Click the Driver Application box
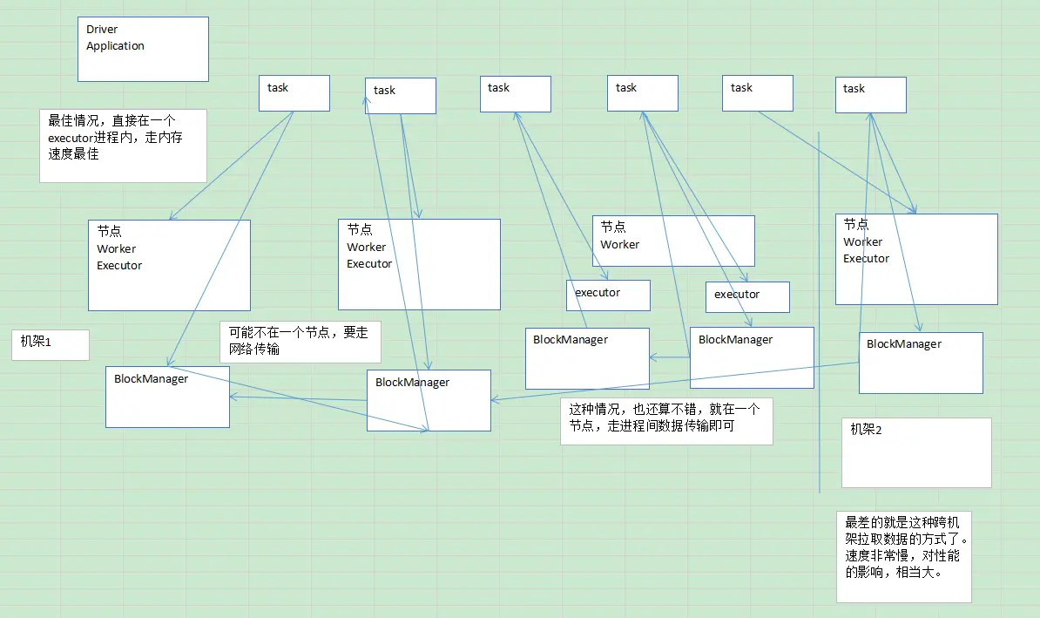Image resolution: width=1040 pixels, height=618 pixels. click(x=143, y=50)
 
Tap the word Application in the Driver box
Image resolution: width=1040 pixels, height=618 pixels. click(x=115, y=46)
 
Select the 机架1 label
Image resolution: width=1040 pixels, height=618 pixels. click(x=37, y=343)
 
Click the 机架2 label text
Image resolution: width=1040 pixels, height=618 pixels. click(x=867, y=430)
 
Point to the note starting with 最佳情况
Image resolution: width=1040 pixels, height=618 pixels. click(x=123, y=145)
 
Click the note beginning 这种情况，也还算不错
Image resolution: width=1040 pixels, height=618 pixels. click(x=665, y=421)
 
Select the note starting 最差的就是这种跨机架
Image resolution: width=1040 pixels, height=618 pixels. click(x=903, y=554)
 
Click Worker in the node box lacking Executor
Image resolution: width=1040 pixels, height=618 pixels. click(x=619, y=245)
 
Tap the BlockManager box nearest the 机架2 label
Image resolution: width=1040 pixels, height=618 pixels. click(x=921, y=363)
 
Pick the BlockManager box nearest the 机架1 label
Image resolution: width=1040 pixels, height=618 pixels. click(x=167, y=397)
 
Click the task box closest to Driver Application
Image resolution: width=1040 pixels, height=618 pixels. click(x=294, y=93)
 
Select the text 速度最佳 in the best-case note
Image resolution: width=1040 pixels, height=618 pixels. click(x=73, y=154)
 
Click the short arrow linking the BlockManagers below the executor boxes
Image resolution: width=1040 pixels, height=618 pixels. click(x=669, y=357)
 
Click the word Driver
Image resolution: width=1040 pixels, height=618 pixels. click(x=102, y=30)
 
